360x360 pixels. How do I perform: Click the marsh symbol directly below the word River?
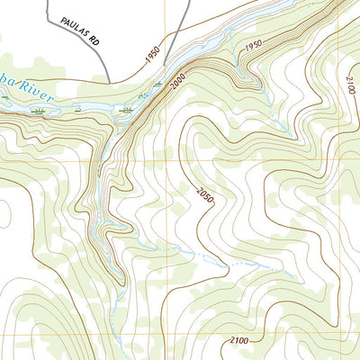tap(39, 111)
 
